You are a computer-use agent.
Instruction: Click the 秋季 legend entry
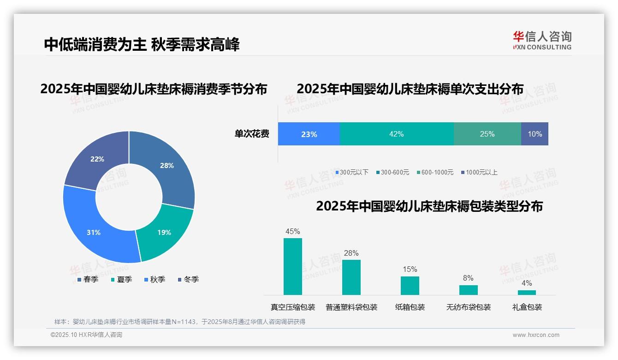[x=154, y=279]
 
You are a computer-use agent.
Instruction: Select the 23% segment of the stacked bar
[x=309, y=134]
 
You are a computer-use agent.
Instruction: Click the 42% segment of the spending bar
[x=396, y=134]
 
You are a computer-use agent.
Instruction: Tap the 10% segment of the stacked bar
[x=535, y=134]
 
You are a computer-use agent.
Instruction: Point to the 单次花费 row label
[x=252, y=134]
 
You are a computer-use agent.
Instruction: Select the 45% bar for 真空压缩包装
[x=292, y=266]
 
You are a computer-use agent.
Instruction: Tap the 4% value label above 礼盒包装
[x=527, y=283]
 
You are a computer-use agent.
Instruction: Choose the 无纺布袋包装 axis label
[x=469, y=307]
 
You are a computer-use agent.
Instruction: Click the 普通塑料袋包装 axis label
[x=351, y=307]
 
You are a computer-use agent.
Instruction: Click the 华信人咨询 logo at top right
[x=542, y=40]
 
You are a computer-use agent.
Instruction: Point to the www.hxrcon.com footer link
[x=536, y=335]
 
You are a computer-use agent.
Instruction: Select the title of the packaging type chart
[x=429, y=206]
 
